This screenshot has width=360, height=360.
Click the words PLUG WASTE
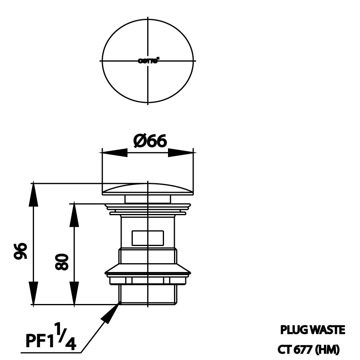pyautogui.click(x=312, y=330)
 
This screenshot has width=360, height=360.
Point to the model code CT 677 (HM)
pyautogui.click(x=308, y=350)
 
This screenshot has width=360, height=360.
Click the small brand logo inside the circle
pyautogui.click(x=148, y=61)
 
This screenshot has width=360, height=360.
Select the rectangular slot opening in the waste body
pyautogui.click(x=148, y=238)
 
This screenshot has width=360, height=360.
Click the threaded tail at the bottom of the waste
pyautogui.click(x=148, y=294)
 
